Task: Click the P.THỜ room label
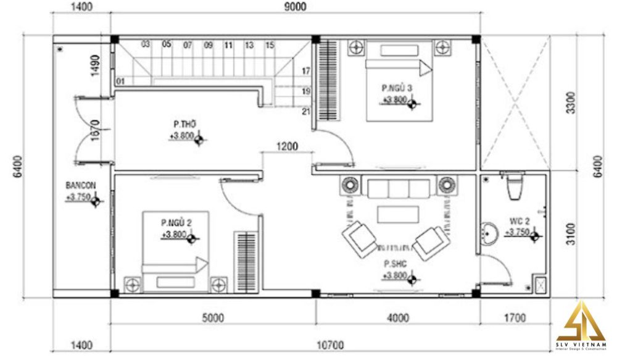coord(181,124)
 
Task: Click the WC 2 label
coord(518,220)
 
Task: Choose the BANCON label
coord(80,185)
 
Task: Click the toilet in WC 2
coord(513,186)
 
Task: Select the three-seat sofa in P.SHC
coord(398,188)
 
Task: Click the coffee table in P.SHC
coord(398,214)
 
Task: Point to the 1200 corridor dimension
coord(287,146)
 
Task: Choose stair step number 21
coord(305,112)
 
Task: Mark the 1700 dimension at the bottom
coord(514,319)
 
